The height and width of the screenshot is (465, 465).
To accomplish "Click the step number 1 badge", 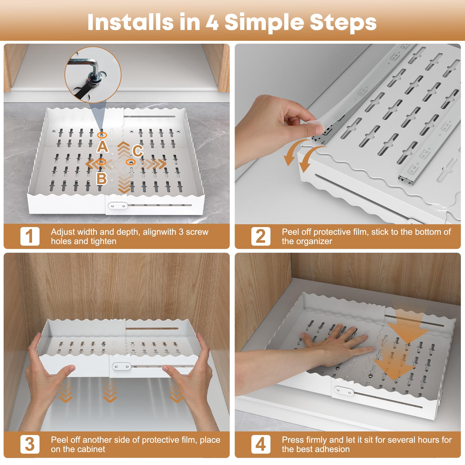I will [30, 236].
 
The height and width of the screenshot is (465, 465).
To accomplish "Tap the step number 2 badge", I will [261, 236].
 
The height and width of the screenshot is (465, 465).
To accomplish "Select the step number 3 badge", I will [30, 444].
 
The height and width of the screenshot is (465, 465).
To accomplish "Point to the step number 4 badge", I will [261, 444].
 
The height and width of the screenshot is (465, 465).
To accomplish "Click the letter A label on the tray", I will [103, 147].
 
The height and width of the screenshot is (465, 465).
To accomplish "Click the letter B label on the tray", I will [102, 178].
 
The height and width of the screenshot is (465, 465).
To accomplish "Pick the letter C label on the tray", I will [137, 151].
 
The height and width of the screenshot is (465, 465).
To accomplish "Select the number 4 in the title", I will [212, 23].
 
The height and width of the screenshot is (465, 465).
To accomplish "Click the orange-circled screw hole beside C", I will [131, 162].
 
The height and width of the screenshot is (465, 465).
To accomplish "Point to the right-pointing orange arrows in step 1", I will [155, 164].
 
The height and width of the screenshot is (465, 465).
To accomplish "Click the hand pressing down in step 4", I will [336, 344].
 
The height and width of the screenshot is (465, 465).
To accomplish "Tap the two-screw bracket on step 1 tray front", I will [118, 206].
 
